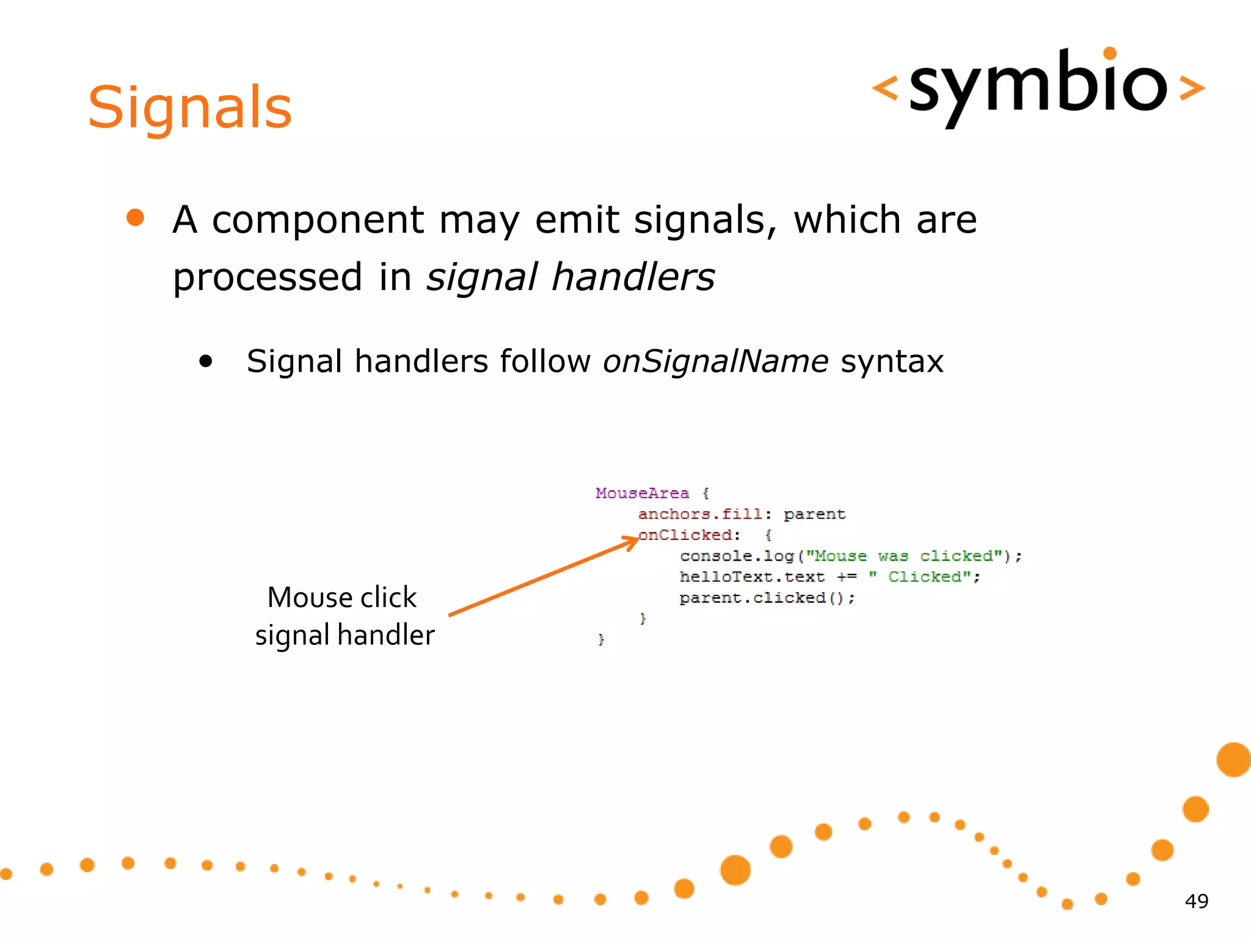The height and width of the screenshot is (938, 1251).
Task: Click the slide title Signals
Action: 190,108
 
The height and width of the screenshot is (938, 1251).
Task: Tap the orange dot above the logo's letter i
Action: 1110,53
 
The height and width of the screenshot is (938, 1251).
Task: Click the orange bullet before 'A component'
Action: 135,218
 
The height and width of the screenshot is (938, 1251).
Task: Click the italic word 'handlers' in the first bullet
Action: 633,277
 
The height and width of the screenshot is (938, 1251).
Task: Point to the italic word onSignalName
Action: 715,361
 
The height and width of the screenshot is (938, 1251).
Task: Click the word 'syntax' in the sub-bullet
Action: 892,362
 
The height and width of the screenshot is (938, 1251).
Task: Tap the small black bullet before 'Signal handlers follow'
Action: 206,361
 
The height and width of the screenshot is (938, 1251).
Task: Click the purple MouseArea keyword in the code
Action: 642,493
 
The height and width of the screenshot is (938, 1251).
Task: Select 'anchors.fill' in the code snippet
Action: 700,514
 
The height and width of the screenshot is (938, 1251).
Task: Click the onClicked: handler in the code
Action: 689,535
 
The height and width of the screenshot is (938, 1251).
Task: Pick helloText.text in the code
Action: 752,577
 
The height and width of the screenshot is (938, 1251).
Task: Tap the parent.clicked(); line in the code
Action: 767,598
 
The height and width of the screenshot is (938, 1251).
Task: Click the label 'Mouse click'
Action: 342,597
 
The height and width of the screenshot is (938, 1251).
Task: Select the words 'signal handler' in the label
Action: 345,635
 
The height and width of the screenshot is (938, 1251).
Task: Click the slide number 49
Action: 1196,901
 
